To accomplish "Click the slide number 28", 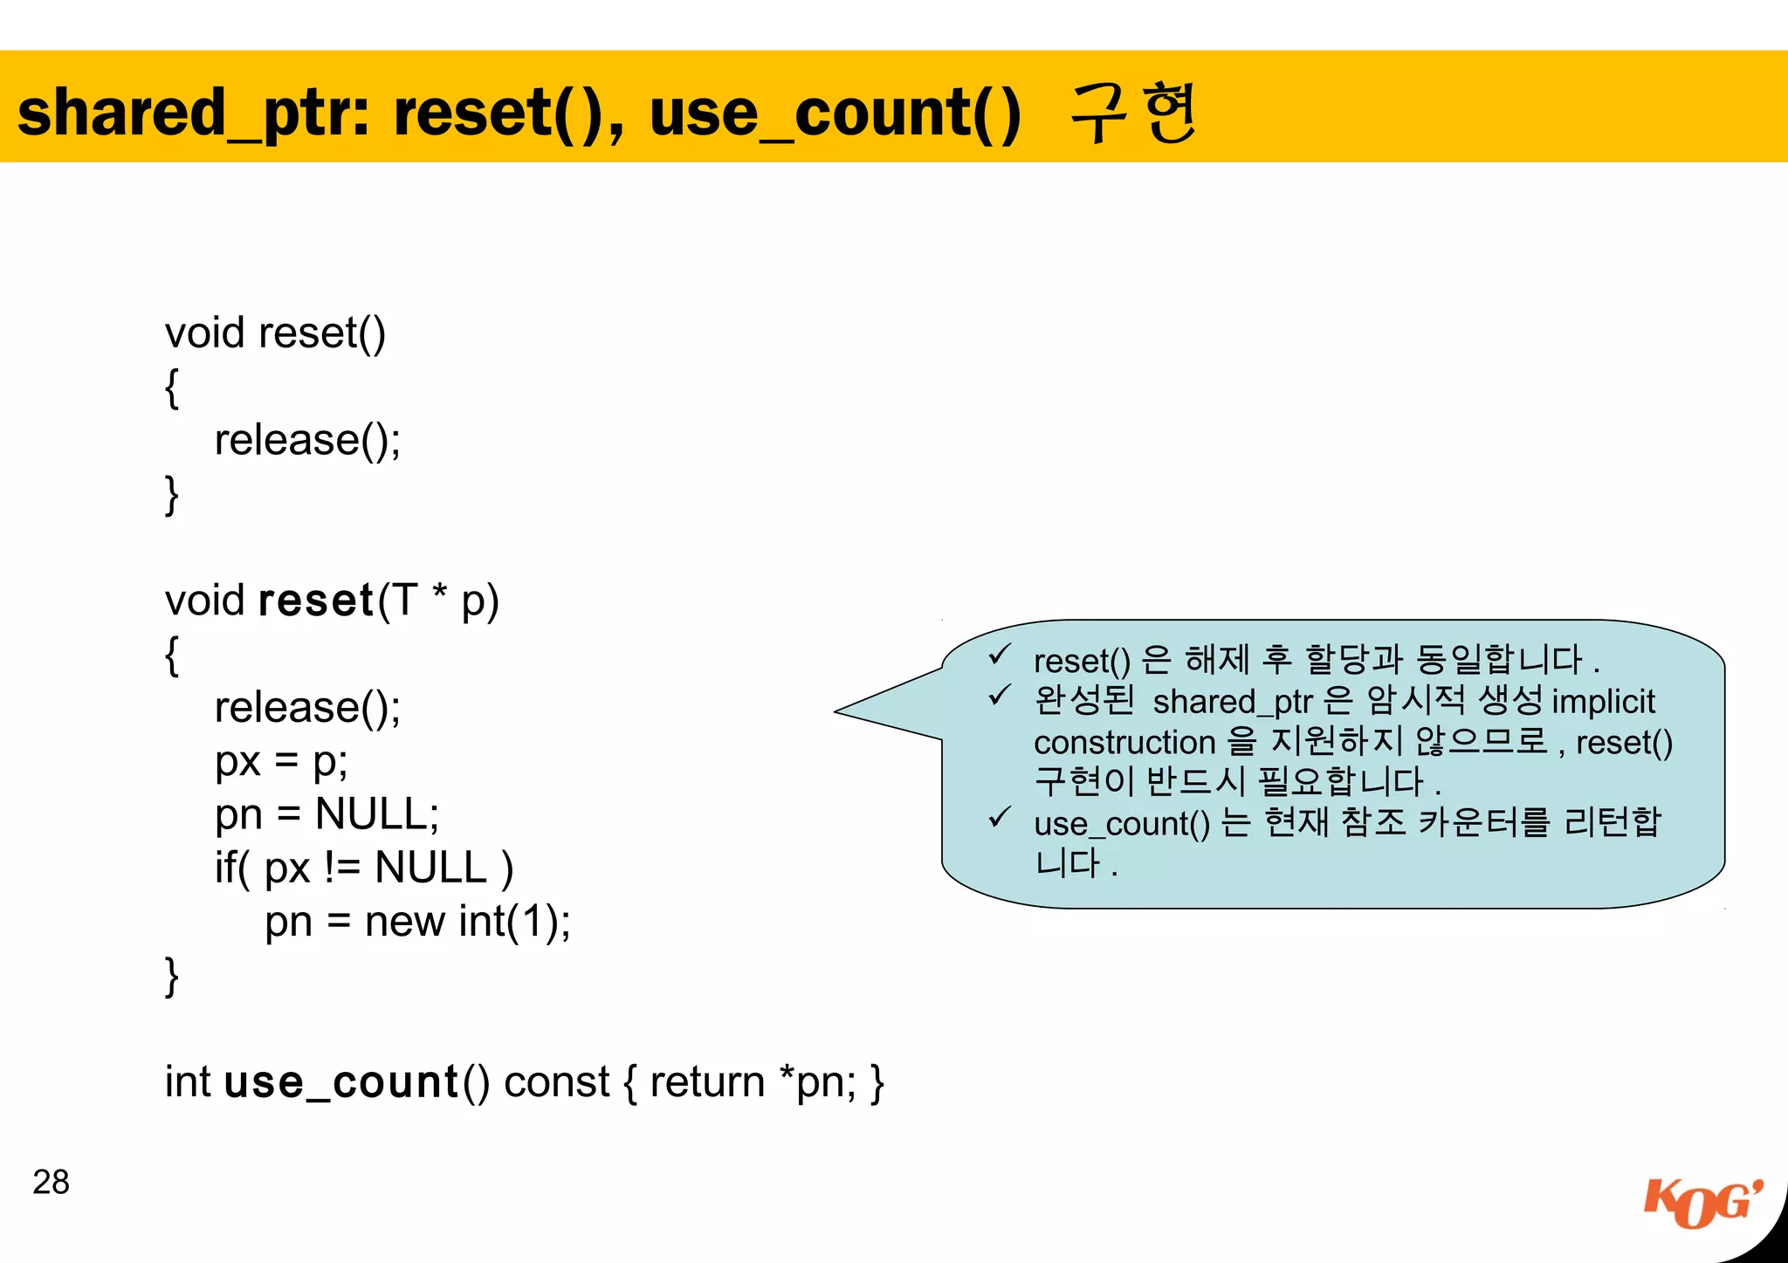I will [x=51, y=1182].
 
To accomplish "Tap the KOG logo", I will [x=1702, y=1205].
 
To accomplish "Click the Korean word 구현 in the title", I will [x=1133, y=113].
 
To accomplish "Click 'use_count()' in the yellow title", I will [x=835, y=114].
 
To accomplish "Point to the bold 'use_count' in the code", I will [x=341, y=1082].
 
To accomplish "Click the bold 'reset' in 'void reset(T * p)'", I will [x=317, y=601].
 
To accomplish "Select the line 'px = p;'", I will [x=281, y=761].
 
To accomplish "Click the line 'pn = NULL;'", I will [x=327, y=814].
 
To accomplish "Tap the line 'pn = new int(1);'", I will [x=417, y=922].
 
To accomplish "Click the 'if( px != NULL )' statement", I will [x=363, y=868].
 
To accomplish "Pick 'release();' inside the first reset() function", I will [x=307, y=440].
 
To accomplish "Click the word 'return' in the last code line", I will [x=707, y=1082].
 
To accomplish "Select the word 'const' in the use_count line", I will [x=556, y=1082].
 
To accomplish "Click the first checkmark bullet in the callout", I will [x=1000, y=655].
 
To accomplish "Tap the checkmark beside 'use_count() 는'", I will [x=1000, y=818].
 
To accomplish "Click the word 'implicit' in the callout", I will [x=1603, y=702].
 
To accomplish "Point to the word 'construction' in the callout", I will [x=1124, y=743].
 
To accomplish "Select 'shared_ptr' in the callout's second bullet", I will [x=1232, y=702].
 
